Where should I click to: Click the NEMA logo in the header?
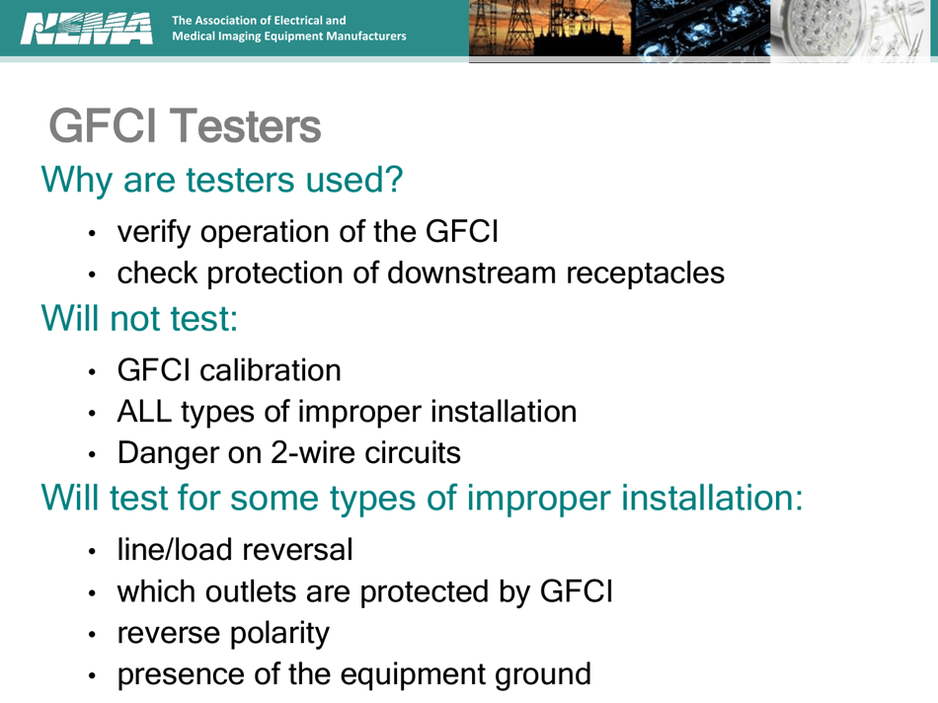pos(86,28)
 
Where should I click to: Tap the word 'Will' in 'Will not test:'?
pos(70,319)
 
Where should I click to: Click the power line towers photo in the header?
pos(549,31)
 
